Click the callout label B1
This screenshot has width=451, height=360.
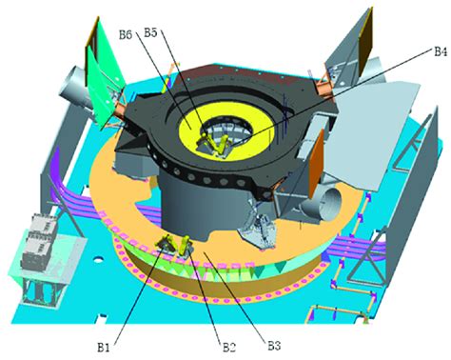tap(104, 348)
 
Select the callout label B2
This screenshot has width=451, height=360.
tap(228, 348)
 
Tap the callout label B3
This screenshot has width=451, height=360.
tap(274, 346)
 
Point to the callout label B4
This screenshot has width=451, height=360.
tap(441, 51)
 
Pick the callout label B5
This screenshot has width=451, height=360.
tap(150, 32)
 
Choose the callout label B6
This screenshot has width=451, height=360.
tap(126, 34)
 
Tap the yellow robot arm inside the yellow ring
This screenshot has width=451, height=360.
tap(213, 145)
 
